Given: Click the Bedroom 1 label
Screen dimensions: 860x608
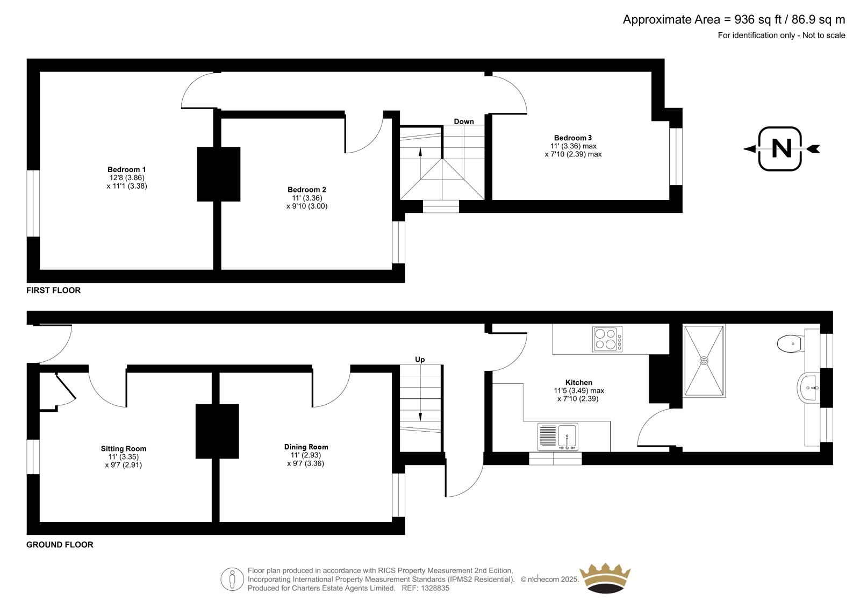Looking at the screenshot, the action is tap(126, 169).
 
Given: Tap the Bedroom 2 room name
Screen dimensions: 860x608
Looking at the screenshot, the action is tap(307, 189).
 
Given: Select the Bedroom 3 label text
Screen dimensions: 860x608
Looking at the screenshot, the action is tap(573, 138).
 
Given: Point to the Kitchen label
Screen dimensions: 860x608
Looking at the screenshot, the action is tap(578, 382).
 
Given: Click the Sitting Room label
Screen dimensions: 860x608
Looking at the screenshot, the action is tap(124, 448).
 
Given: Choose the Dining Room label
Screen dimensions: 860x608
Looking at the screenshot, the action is tap(306, 447).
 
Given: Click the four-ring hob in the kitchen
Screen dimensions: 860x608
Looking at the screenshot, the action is tap(607, 339).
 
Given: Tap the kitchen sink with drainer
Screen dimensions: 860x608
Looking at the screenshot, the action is tap(557, 437).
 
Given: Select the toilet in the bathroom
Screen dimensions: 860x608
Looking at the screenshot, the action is tap(791, 344).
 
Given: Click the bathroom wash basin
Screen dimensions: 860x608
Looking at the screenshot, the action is tap(808, 388).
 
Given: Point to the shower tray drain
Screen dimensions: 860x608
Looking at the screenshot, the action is tap(704, 361).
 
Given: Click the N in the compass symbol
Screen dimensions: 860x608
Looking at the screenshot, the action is tap(782, 148).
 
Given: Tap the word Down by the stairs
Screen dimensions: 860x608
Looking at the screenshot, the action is tap(464, 121).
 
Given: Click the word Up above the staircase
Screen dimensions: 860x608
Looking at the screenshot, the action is tap(420, 360).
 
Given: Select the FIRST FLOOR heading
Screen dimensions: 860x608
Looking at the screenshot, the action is tap(53, 290).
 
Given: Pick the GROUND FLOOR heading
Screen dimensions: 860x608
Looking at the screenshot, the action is tap(60, 545).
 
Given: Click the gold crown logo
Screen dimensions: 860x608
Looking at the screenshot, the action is tap(605, 578).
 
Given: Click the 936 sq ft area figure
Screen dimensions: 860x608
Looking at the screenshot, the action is tap(758, 19).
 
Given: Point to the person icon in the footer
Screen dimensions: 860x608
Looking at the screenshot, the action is tap(232, 579).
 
